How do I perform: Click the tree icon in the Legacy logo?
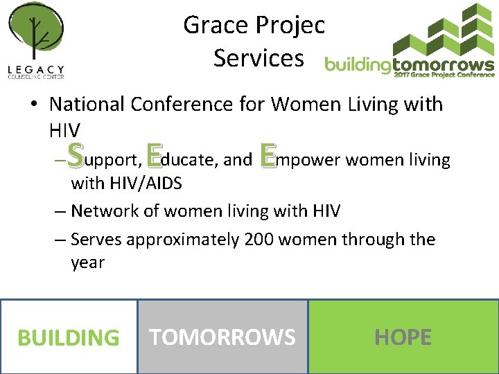point(36,35)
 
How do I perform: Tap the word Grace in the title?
point(212,26)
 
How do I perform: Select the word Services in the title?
point(259,58)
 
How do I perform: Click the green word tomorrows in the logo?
point(444,65)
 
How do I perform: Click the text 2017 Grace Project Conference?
point(444,75)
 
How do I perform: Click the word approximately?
point(183,240)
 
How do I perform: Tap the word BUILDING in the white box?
point(68,338)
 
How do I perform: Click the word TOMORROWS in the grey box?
point(222,337)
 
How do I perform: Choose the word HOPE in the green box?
point(403,337)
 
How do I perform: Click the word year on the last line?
point(87,263)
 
